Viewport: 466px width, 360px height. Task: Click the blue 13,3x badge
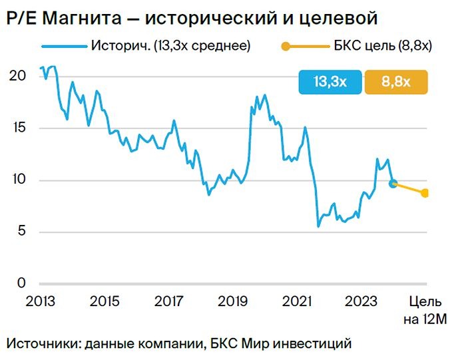(330, 82)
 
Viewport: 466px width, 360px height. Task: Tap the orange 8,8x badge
(396, 82)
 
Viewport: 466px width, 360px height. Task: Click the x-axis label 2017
(169, 301)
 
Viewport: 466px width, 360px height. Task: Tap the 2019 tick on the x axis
(234, 301)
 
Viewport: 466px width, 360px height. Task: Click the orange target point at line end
(425, 193)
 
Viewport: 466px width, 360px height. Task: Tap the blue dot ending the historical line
(393, 183)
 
